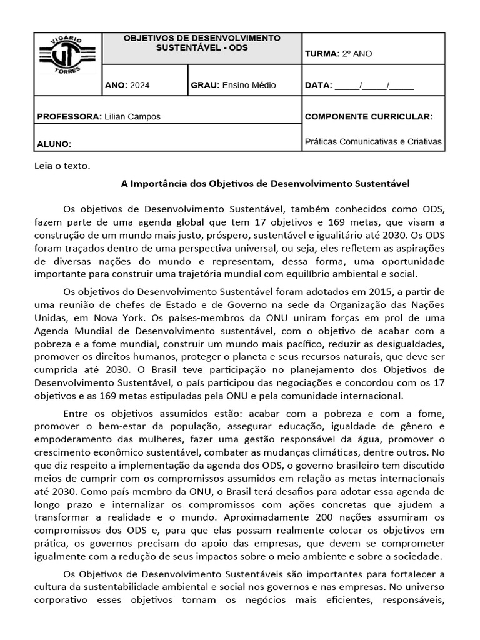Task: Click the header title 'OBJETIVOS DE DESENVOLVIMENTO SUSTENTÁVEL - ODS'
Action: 202,43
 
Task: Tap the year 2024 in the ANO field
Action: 139,85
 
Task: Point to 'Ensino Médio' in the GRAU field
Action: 249,85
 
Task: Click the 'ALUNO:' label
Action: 54,144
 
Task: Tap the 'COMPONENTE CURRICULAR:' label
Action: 368,117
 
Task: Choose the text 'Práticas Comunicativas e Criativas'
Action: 372,141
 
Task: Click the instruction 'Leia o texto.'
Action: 62,166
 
